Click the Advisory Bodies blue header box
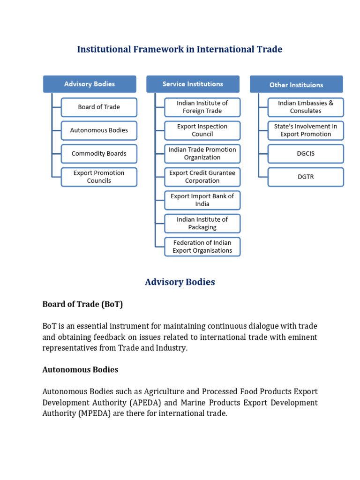(90, 84)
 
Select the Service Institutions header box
(193, 84)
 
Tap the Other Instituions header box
(296, 84)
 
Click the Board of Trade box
(99, 107)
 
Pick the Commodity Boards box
(99, 153)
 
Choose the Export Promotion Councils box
(99, 177)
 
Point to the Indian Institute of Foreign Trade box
(202, 107)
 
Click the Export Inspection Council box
(202, 130)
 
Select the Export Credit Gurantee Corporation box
(202, 177)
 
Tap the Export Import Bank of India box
(202, 200)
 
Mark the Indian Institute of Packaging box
(202, 223)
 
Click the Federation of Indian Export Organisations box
(202, 247)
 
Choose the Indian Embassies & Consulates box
(306, 107)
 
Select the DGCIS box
(306, 153)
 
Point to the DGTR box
(306, 177)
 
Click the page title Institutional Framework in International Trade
(180, 49)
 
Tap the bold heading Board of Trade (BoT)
(82, 304)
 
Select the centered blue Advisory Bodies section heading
(180, 282)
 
